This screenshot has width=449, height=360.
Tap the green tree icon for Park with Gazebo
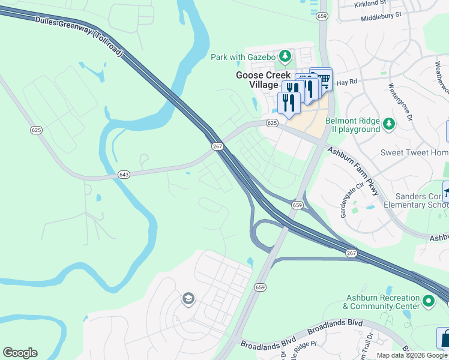click(x=285, y=57)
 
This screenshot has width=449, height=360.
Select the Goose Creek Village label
click(x=257, y=80)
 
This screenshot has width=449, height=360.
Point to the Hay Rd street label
click(x=346, y=82)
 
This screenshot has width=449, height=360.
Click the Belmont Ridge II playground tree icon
click(x=389, y=124)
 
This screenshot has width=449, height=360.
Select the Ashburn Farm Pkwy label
click(x=354, y=171)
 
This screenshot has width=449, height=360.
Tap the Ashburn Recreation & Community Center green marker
click(x=428, y=300)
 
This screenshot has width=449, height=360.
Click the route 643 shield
click(x=124, y=175)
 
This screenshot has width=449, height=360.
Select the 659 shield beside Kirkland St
click(x=322, y=17)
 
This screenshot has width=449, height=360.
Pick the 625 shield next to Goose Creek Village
click(x=272, y=123)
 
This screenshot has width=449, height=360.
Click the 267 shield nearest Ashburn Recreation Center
click(x=351, y=254)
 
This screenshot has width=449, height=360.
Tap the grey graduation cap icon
click(x=188, y=299)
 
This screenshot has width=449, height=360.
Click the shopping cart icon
click(x=322, y=79)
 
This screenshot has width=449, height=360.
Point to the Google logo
click(x=20, y=353)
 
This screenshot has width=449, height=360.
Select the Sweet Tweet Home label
click(x=414, y=152)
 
